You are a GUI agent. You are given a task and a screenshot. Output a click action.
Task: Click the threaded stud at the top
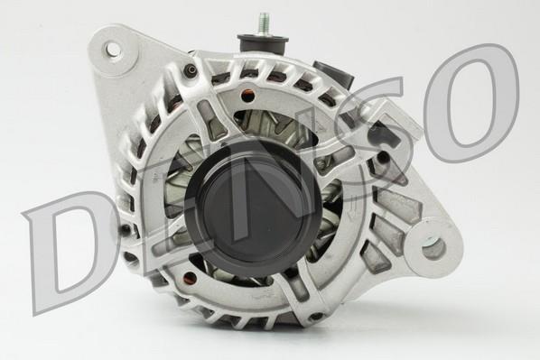[x=263, y=23]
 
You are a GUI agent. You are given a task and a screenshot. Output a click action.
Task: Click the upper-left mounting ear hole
[x=113, y=50]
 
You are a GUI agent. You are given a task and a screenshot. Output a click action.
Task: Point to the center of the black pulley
[x=254, y=209]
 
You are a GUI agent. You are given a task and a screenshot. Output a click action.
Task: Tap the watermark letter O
[x=471, y=103]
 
